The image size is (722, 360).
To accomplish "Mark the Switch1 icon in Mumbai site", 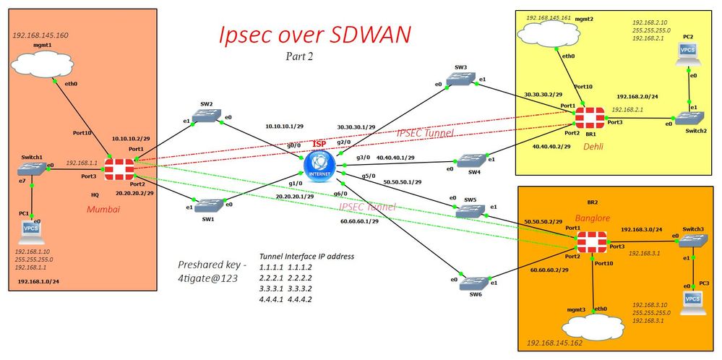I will pos(31,170).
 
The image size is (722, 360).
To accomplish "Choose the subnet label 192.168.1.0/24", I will pos(38,280).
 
